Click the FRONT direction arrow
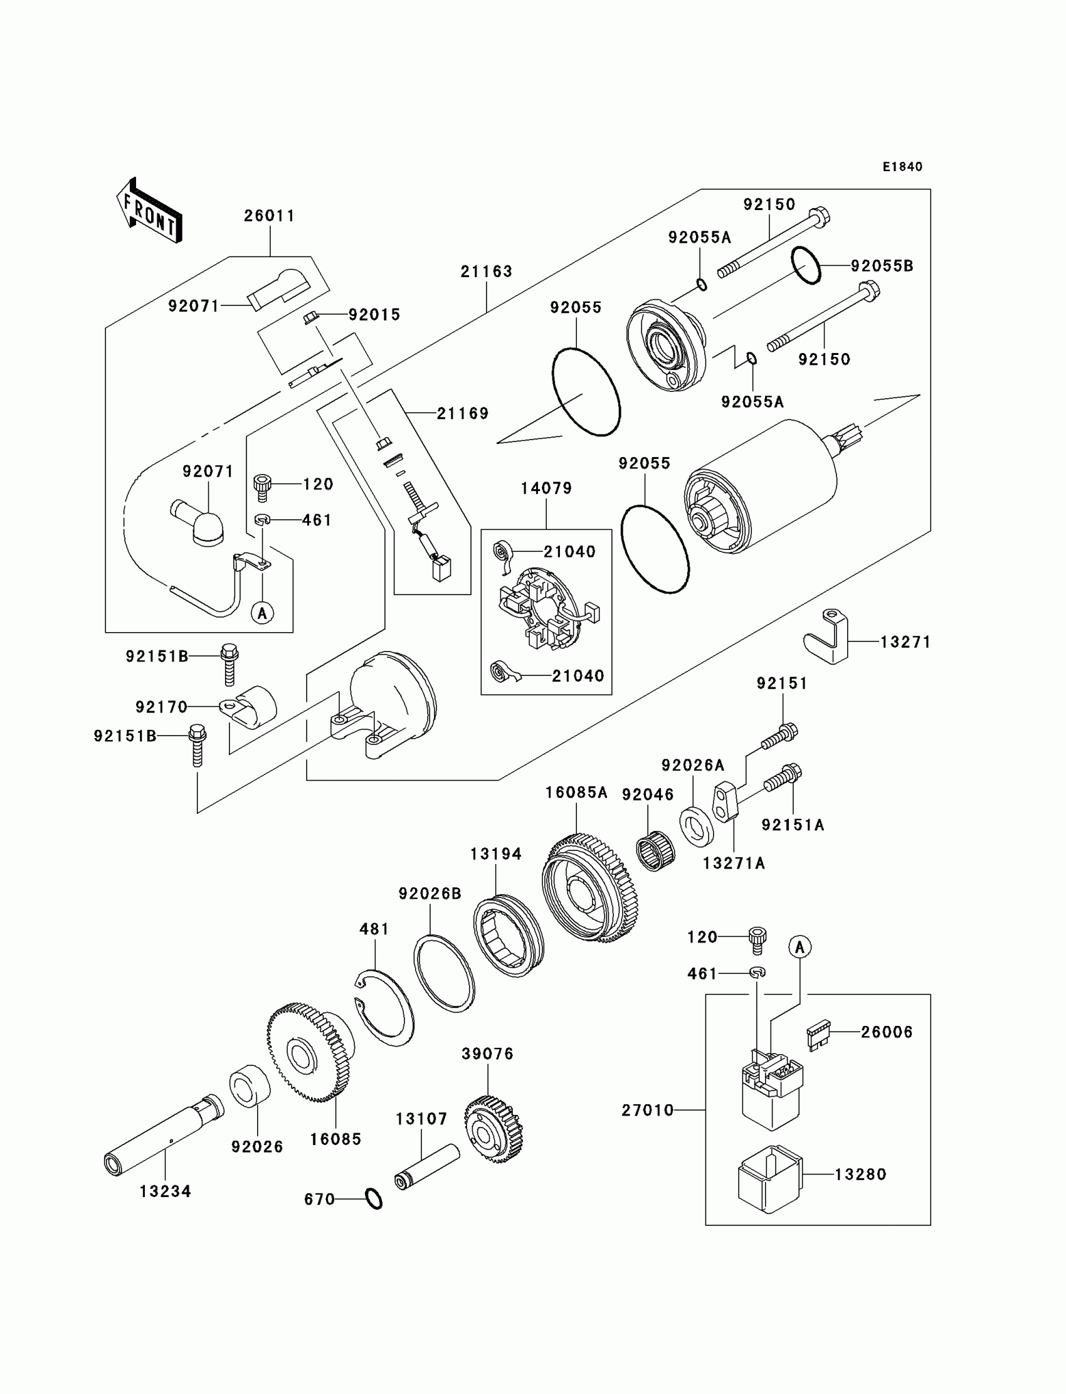pyautogui.click(x=149, y=210)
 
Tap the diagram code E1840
pyautogui.click(x=902, y=167)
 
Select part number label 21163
pyautogui.click(x=486, y=272)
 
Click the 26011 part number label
pyautogui.click(x=270, y=216)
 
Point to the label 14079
pyautogui.click(x=546, y=488)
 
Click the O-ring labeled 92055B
pyautogui.click(x=806, y=265)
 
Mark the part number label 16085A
pyautogui.click(x=576, y=793)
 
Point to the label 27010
pyautogui.click(x=647, y=1111)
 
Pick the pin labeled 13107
pyautogui.click(x=427, y=1167)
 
